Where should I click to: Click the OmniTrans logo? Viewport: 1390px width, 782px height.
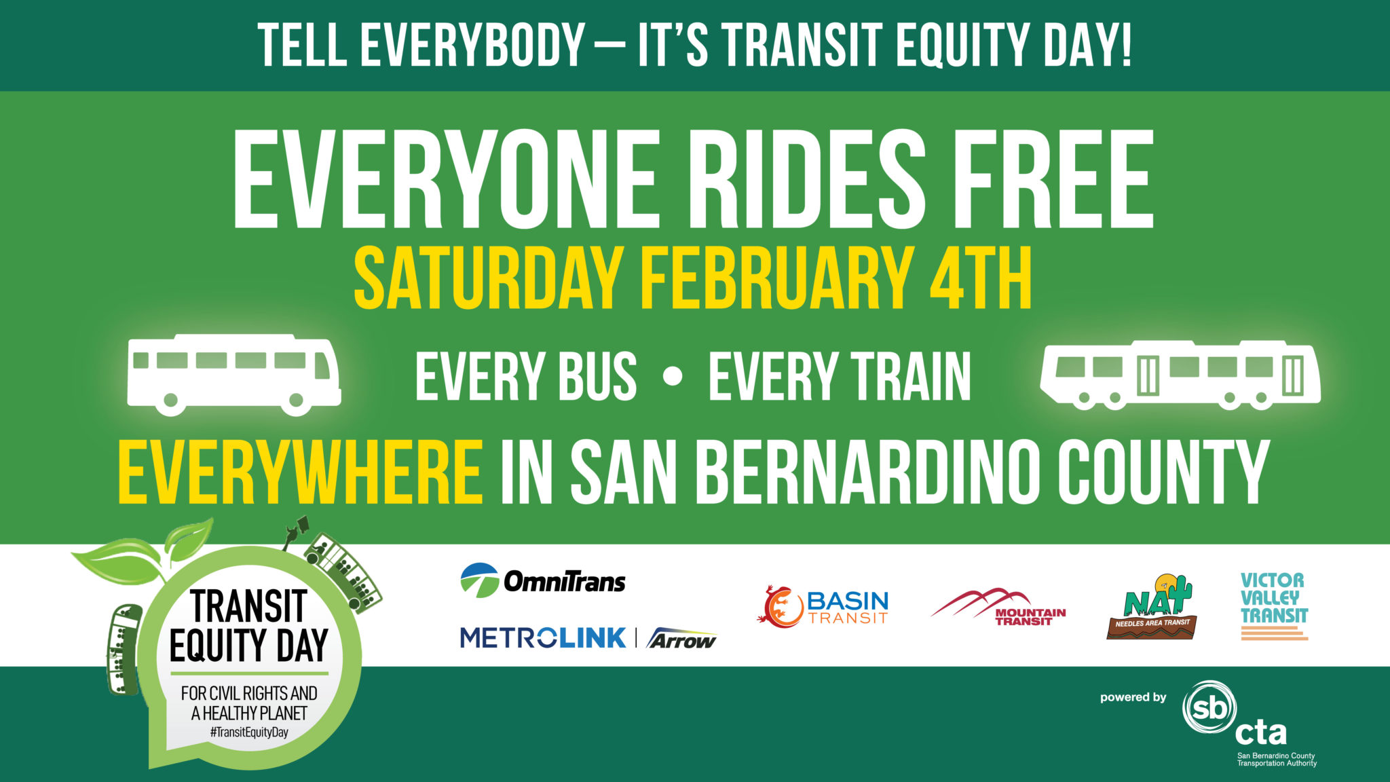click(543, 581)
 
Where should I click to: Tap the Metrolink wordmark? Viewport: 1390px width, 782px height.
click(543, 638)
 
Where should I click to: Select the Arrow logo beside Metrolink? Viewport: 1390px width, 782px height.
click(681, 639)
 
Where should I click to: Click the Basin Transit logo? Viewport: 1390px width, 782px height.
click(823, 606)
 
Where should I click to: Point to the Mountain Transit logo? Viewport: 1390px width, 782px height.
click(998, 606)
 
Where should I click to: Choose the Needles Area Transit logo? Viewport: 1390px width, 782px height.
click(1151, 608)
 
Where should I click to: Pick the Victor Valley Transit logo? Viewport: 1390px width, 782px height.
click(1274, 606)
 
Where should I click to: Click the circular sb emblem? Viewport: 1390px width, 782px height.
click(1209, 709)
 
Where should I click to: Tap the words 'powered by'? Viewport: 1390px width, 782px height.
click(1133, 697)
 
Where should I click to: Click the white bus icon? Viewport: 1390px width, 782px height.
click(233, 374)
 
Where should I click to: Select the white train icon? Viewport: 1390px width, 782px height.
click(1180, 375)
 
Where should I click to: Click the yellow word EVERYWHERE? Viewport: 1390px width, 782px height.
click(300, 472)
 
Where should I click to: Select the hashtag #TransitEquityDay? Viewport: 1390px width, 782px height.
click(249, 732)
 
